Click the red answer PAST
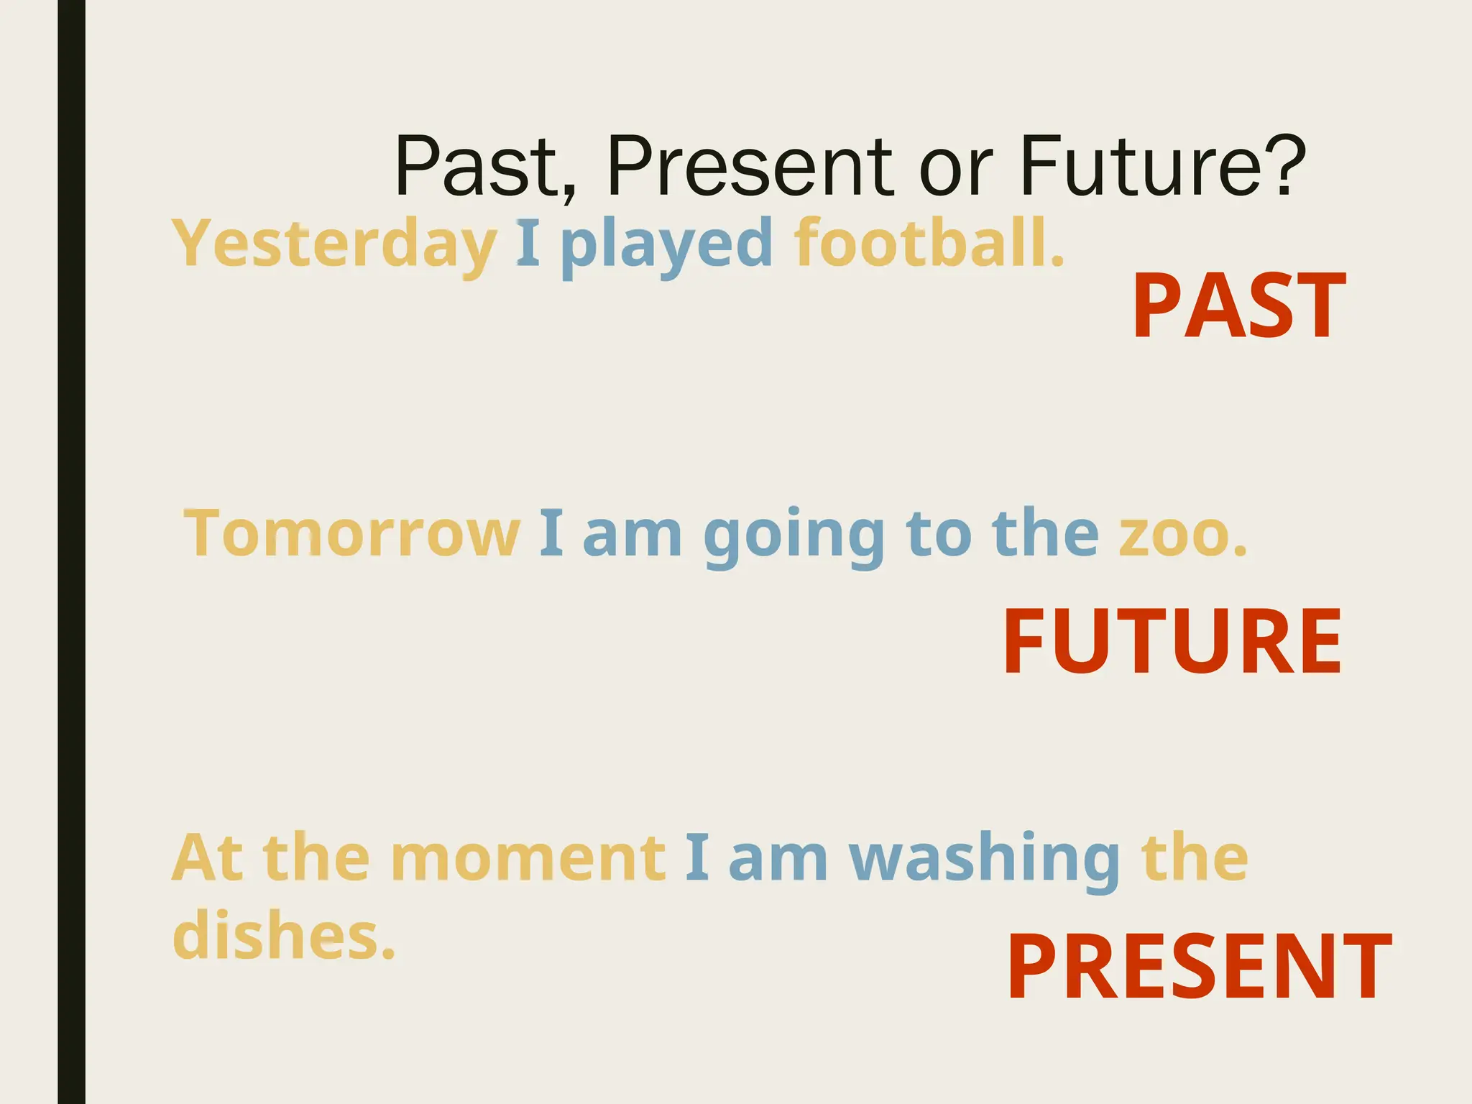tap(1238, 307)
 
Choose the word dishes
tap(283, 935)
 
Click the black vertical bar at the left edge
tap(71, 552)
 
